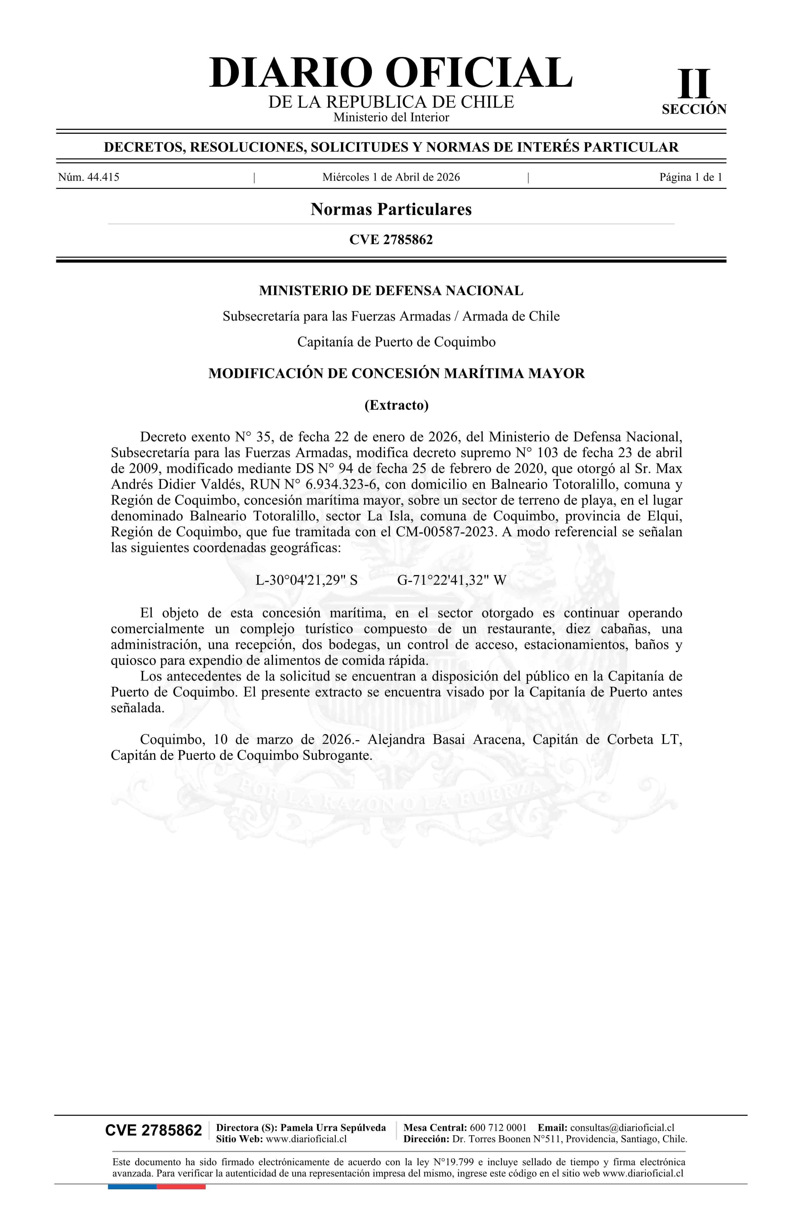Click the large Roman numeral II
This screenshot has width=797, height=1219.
click(694, 84)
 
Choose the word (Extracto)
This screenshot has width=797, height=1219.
click(396, 405)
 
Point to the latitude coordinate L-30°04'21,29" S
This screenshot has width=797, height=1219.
click(306, 580)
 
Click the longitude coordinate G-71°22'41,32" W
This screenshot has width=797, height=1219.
click(451, 580)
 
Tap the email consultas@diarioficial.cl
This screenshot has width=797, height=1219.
click(622, 1127)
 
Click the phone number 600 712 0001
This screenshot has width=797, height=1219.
click(498, 1127)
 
